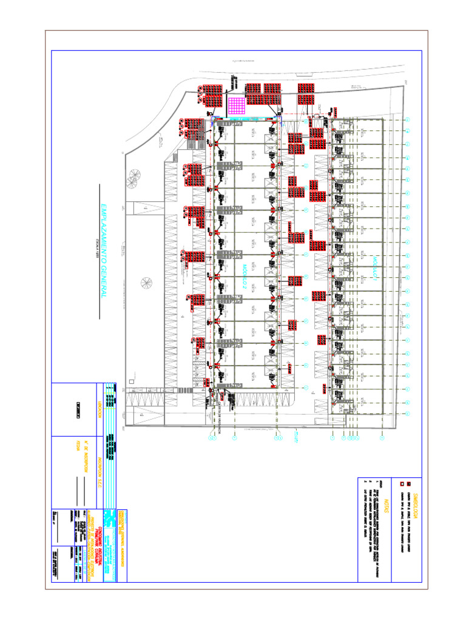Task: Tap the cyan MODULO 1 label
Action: (375, 267)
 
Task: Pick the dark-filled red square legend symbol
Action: (409, 483)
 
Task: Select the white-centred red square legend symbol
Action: (401, 483)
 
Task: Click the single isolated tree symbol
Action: (146, 282)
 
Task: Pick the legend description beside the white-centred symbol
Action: (401, 515)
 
